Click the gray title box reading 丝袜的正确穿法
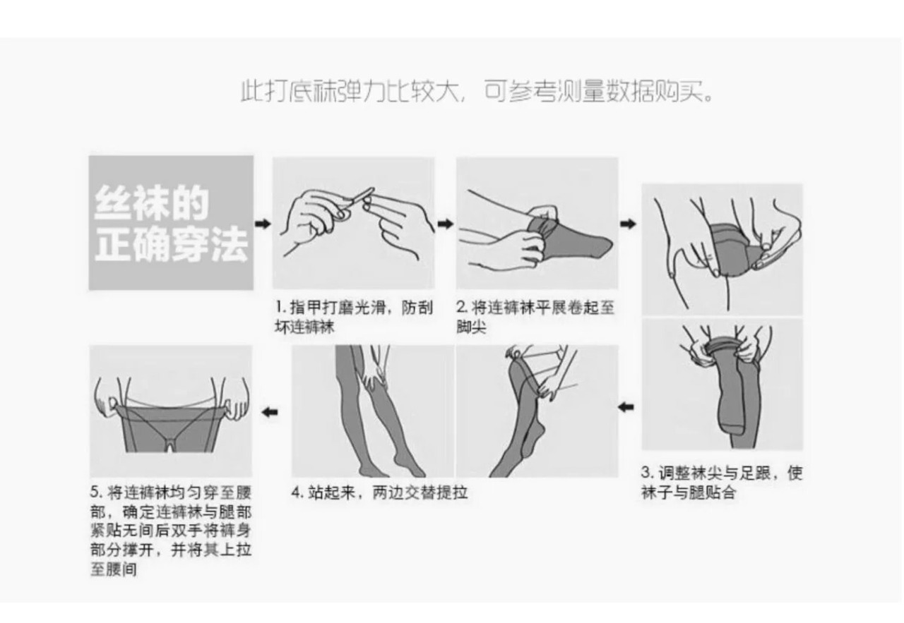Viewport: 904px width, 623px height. point(171,222)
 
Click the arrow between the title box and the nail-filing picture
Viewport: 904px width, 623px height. point(263,224)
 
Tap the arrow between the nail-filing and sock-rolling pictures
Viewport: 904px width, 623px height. point(446,224)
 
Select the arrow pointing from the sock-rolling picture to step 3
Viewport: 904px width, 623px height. point(628,224)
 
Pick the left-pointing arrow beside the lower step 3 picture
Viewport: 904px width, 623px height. point(626,407)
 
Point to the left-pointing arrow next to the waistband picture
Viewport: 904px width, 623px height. point(270,412)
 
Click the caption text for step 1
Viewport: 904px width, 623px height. point(354,317)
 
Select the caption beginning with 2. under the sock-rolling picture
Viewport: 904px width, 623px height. point(535,317)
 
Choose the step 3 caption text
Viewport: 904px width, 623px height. point(722,483)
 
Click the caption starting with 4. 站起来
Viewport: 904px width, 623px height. point(380,492)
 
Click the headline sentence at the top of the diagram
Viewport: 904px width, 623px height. point(477,92)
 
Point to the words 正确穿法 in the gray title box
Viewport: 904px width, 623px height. point(171,244)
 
